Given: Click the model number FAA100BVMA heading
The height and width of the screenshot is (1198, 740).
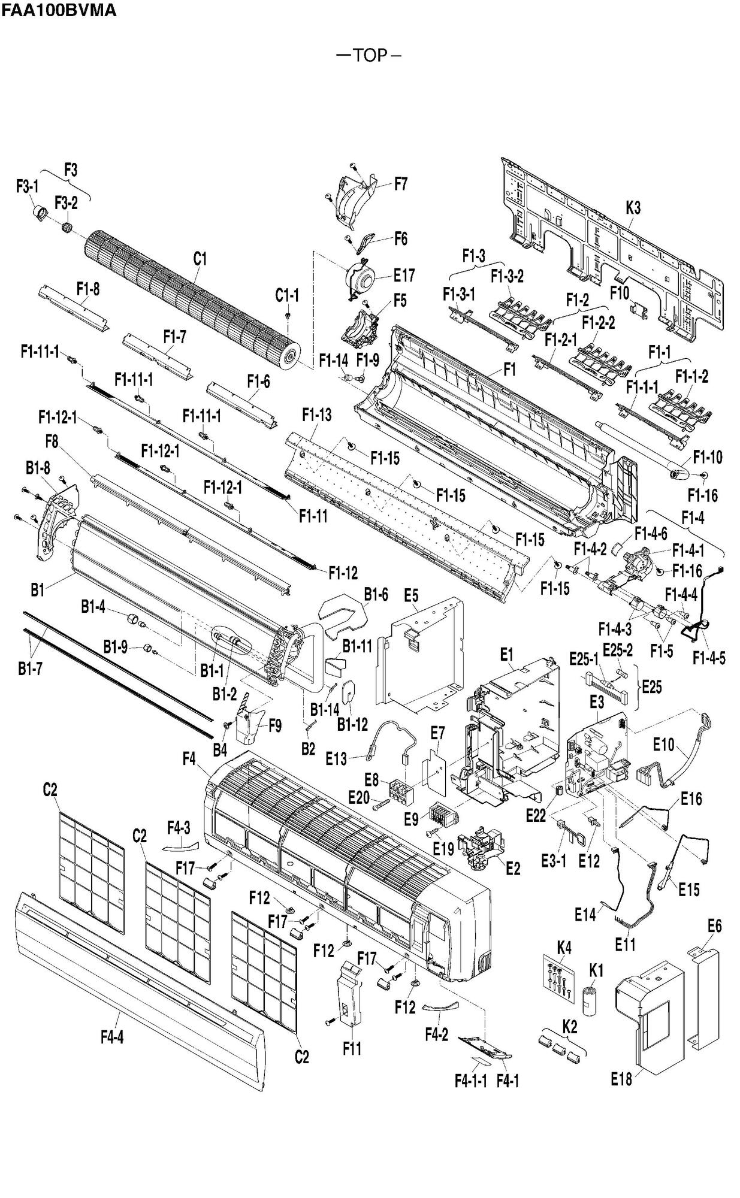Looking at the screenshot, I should (x=59, y=10).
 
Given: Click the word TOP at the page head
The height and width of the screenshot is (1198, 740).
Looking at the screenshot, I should (x=370, y=56).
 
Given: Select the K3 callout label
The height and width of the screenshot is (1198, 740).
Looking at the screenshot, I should (x=633, y=208).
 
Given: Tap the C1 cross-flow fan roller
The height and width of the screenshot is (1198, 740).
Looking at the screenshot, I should (x=192, y=299).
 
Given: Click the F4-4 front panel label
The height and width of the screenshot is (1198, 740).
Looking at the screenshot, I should (x=111, y=1037).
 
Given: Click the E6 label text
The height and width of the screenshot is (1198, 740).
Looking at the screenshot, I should (x=714, y=925).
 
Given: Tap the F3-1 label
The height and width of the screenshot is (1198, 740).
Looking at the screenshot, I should (x=27, y=187).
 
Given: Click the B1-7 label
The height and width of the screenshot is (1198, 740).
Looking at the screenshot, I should (x=29, y=668).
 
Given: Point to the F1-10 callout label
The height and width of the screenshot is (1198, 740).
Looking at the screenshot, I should (x=708, y=457).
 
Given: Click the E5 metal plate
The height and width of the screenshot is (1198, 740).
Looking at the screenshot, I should (x=419, y=659).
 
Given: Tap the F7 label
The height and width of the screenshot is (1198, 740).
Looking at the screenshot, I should (x=400, y=184).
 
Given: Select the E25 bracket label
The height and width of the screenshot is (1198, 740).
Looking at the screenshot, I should (x=651, y=686).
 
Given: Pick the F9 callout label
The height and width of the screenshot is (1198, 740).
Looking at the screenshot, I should (x=274, y=725).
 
